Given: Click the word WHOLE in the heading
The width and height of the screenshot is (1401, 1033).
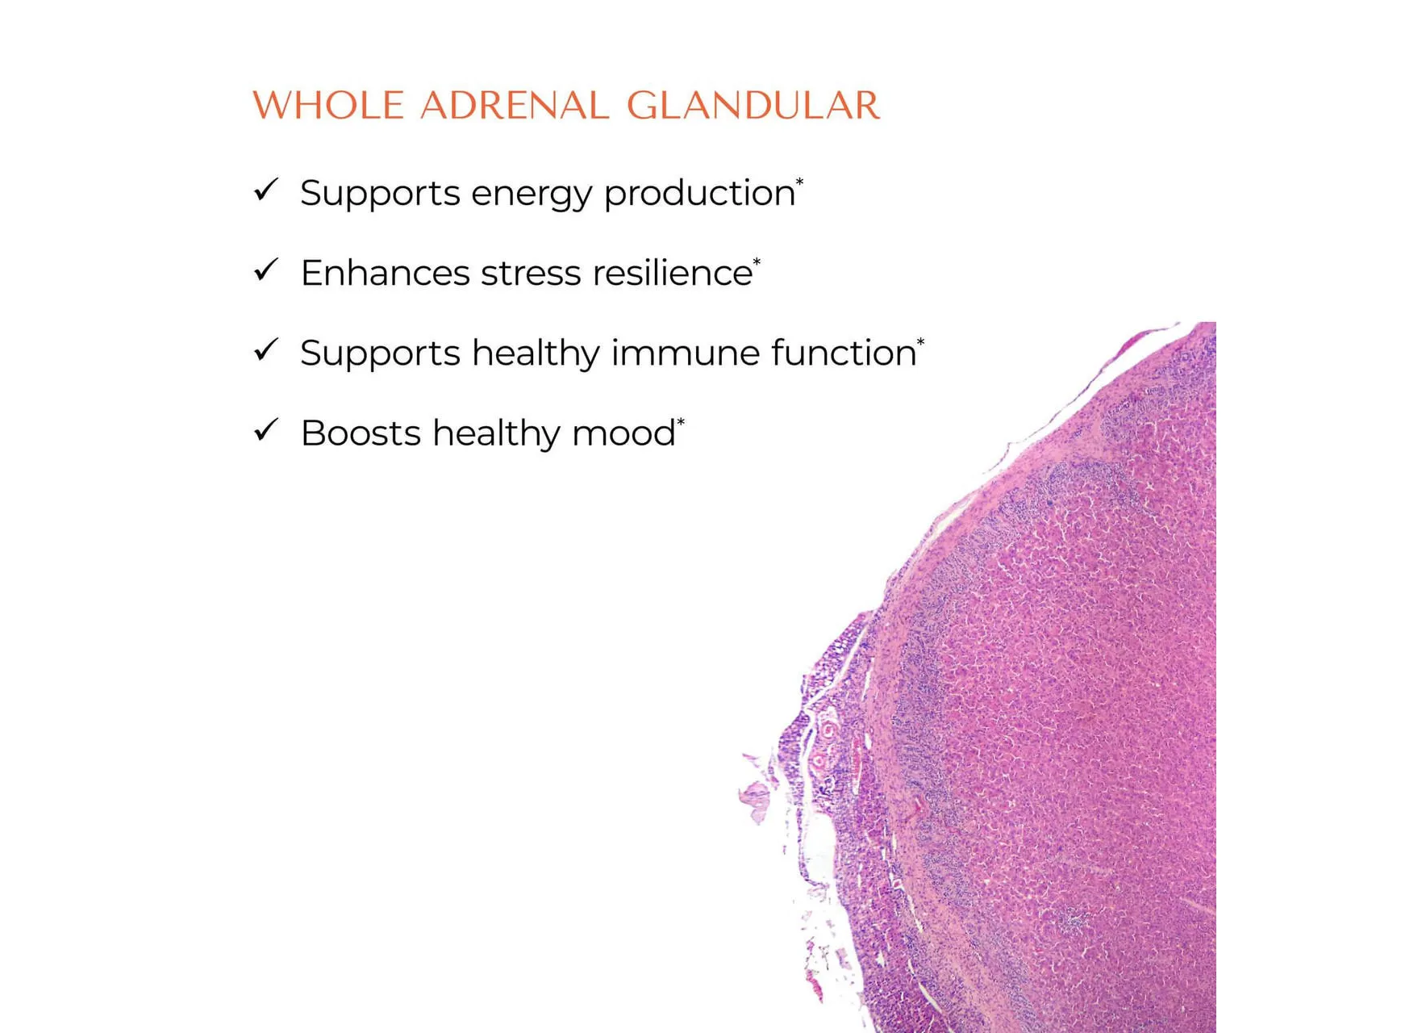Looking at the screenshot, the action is coord(328,106).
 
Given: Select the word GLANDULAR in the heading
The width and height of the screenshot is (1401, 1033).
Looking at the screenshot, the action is coord(753,106).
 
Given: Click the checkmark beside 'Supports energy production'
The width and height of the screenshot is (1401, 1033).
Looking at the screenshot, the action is coord(265,190).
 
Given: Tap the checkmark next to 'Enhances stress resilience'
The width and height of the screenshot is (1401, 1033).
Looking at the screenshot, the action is coord(265,270).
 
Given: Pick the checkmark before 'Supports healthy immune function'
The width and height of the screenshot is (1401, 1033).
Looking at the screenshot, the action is coord(265,350).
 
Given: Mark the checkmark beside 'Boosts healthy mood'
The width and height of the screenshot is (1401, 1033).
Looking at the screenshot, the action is coord(265,430).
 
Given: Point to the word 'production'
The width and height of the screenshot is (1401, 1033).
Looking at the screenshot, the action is coord(699,194).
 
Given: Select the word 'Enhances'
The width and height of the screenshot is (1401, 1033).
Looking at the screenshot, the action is coord(385,273).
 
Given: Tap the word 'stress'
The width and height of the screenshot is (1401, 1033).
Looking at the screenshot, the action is coord(531,274).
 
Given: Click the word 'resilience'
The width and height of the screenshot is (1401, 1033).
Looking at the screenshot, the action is coord(673,273).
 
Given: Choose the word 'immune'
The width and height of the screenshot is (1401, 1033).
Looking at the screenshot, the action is coord(686,353).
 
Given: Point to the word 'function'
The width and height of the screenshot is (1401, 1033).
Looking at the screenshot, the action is coord(844,353).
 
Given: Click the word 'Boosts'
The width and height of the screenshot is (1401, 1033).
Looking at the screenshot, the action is coord(361,433).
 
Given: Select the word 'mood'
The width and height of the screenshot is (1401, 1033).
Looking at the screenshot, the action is coord(623,433).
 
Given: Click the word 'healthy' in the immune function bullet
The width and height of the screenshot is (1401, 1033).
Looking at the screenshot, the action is coord(536,354).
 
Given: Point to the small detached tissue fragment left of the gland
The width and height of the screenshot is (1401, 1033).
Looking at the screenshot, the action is coord(756,799).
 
